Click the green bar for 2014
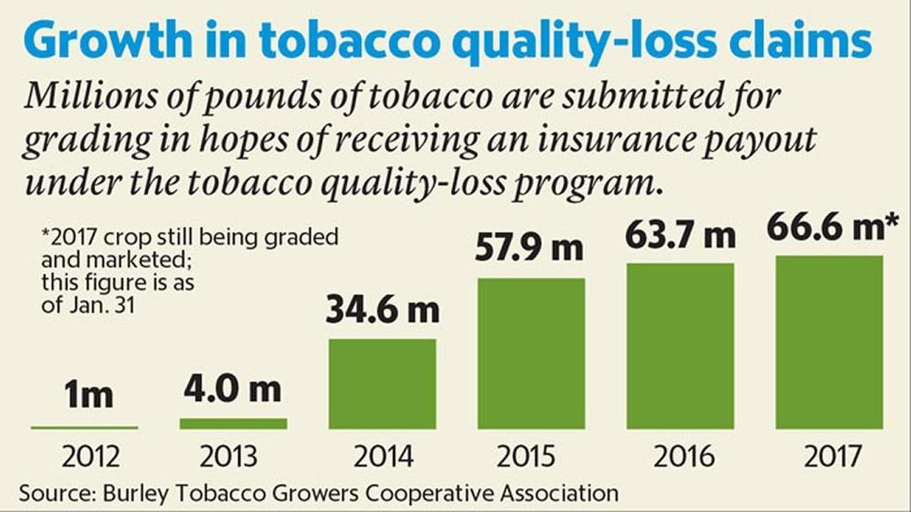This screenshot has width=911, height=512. (383, 384)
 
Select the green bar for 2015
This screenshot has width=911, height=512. (531, 354)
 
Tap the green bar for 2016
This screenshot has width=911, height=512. (680, 346)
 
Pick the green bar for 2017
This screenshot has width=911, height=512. (829, 343)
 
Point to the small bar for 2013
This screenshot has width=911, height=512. (233, 423)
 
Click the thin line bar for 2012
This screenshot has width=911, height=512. (85, 428)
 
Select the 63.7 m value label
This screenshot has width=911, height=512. (680, 236)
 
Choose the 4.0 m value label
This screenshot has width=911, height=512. (233, 391)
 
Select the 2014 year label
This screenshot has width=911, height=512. (383, 457)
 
